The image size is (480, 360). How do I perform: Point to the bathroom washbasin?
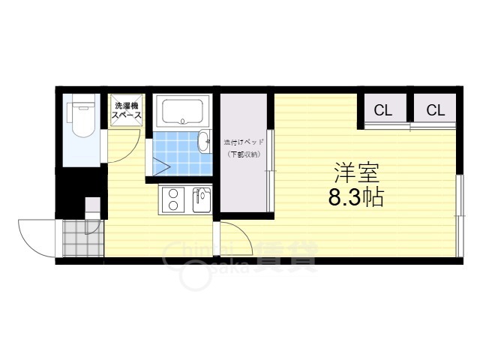click(204, 141)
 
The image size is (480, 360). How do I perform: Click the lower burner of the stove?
click(172, 205)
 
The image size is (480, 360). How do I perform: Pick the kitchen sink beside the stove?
click(201, 199)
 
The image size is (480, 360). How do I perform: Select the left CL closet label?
click(382, 110)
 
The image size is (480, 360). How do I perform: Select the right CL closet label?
click(436, 110)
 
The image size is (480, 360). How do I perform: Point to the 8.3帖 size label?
click(356, 198)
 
